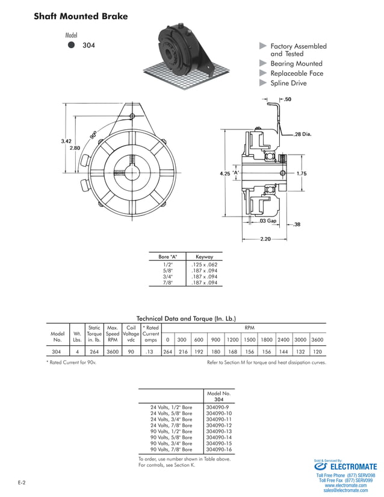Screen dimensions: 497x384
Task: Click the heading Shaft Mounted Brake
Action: pyautogui.click(x=81, y=16)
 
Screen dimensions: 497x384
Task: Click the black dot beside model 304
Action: pyautogui.click(x=72, y=45)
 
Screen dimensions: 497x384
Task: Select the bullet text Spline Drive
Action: pyautogui.click(x=288, y=83)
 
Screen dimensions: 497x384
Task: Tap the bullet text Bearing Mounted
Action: pyautogui.click(x=296, y=63)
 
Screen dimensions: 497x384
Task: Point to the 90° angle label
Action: pyautogui.click(x=94, y=135)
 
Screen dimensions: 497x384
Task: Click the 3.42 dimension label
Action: pyautogui.click(x=66, y=141)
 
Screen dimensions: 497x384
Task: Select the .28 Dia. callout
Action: pyautogui.click(x=303, y=134)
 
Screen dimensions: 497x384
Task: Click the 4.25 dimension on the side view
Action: pyautogui.click(x=225, y=173)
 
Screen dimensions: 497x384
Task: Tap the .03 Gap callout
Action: pyautogui.click(x=268, y=221)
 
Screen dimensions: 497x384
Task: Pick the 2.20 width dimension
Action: pyautogui.click(x=265, y=239)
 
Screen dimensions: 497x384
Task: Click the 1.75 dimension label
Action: pyautogui.click(x=302, y=173)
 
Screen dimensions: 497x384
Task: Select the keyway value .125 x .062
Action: pyautogui.click(x=203, y=265)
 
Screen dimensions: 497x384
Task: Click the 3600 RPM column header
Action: pyautogui.click(x=317, y=339)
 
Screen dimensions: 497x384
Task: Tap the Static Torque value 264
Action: pyautogui.click(x=94, y=352)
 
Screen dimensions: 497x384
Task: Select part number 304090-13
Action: pyautogui.click(x=218, y=431)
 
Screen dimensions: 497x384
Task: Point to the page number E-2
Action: pyautogui.click(x=21, y=483)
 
